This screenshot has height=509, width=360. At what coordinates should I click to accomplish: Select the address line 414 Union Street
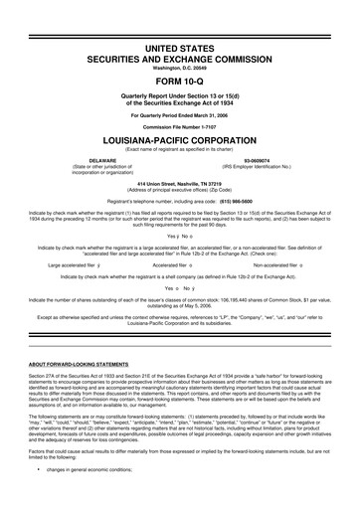[180, 181]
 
